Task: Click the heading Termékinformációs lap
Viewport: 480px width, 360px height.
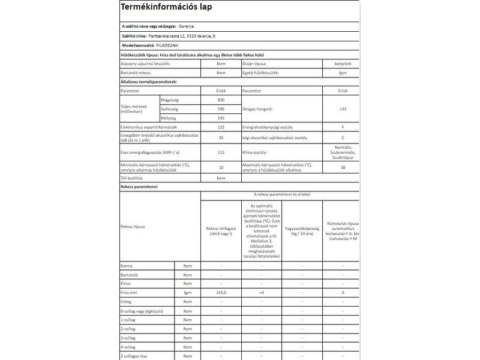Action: coord(166,8)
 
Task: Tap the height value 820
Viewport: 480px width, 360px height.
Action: coord(221,98)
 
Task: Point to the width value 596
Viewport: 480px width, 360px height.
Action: coord(221,109)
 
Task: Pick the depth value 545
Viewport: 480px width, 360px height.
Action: coord(221,118)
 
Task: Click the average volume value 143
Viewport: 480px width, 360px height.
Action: coord(343,109)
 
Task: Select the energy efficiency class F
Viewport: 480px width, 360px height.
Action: coord(343,128)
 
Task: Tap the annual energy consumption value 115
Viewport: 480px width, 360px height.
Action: coord(221,152)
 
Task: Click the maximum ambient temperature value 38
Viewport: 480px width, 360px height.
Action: coord(343,167)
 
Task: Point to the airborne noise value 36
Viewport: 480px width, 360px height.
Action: coord(221,138)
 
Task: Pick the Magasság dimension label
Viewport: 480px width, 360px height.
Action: coord(170,98)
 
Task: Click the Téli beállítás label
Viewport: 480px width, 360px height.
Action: coord(133,178)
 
